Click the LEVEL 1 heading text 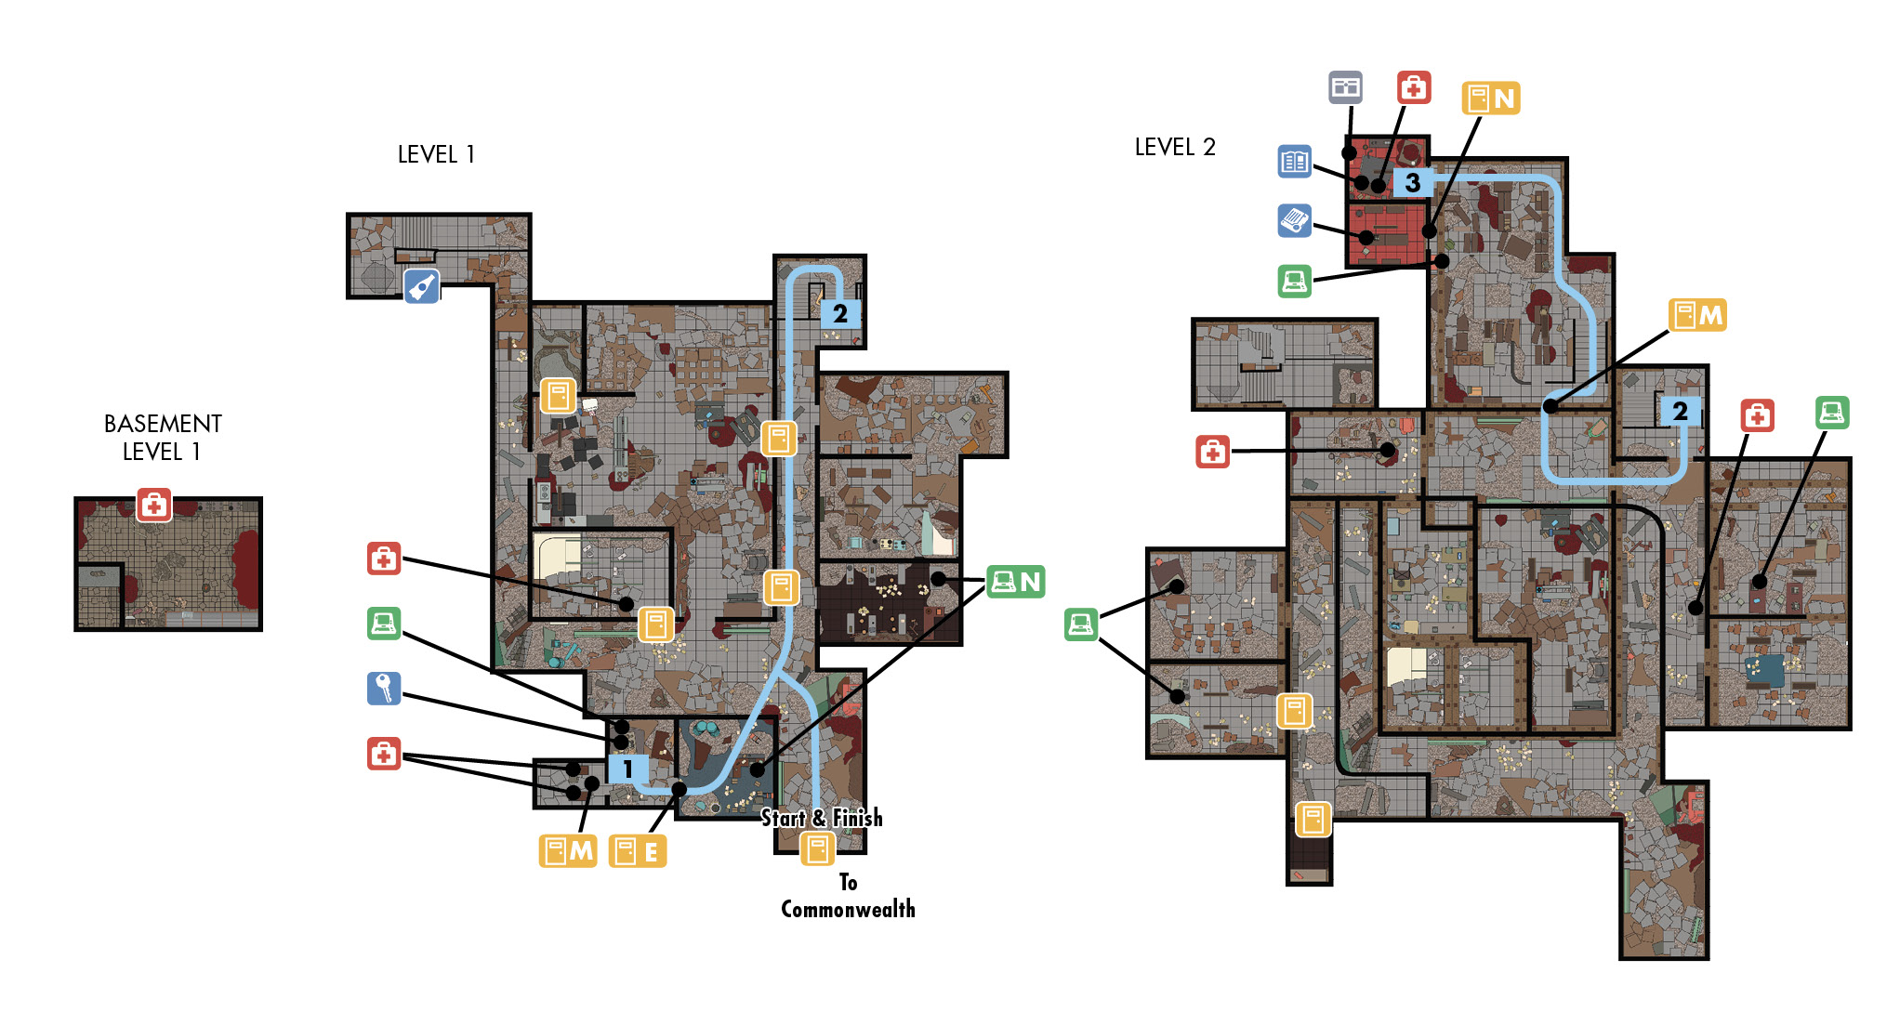(436, 154)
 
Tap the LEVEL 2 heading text (1175, 147)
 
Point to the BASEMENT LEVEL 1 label (163, 438)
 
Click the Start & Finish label (822, 818)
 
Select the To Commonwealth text (848, 896)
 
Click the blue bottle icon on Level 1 (422, 286)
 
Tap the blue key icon (384, 689)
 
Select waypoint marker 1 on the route (627, 769)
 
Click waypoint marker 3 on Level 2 (1412, 182)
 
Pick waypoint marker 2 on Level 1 (840, 313)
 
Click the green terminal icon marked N (1016, 582)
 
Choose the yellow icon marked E (638, 851)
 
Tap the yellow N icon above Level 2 (1491, 98)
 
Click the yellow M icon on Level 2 (1697, 315)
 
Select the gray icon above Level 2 (1346, 87)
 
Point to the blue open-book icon (1295, 162)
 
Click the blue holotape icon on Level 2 (1295, 221)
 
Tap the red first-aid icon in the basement (154, 505)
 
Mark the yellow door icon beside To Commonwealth (818, 848)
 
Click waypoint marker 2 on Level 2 (1680, 411)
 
